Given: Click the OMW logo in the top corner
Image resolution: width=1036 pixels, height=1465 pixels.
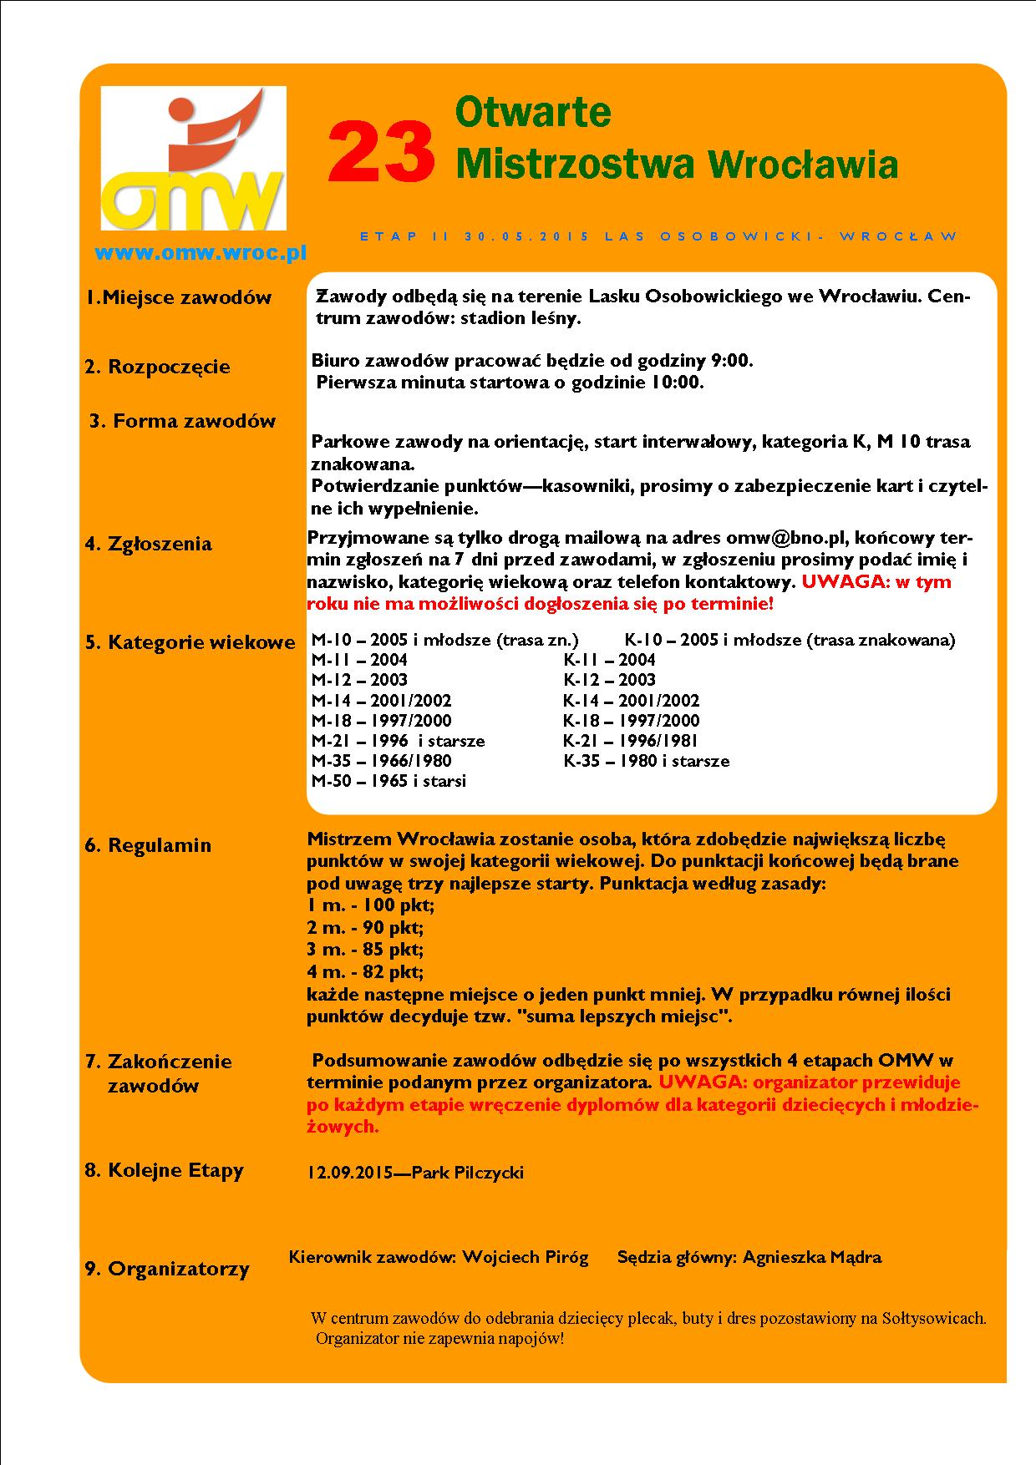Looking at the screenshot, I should (193, 159).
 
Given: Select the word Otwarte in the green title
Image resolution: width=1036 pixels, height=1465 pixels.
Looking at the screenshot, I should (533, 112).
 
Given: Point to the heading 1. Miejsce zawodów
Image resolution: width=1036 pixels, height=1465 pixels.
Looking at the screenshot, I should (180, 297).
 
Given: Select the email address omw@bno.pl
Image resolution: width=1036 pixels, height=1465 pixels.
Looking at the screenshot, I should (787, 538).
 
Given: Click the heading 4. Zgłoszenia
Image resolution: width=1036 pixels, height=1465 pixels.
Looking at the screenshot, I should (149, 544).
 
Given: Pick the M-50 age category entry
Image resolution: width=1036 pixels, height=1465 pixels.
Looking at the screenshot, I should (388, 781).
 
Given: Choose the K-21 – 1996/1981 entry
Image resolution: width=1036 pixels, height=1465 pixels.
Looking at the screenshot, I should (630, 741).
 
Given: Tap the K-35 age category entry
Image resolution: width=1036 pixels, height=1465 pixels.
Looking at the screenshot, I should (646, 761).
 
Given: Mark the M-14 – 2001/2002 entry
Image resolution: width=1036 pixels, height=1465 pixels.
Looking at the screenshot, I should (381, 701).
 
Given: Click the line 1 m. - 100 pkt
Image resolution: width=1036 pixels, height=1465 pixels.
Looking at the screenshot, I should (371, 905).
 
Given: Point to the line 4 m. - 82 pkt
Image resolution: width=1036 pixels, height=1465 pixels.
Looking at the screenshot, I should (365, 971).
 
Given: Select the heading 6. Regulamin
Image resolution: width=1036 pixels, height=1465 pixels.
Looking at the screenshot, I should (148, 845).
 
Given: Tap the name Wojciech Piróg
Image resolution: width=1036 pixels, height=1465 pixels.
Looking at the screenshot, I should (526, 1257).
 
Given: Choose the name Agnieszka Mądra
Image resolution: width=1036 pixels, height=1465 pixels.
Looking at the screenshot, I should (811, 1257).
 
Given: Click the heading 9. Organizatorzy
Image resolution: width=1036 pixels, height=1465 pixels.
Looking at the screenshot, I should (167, 1270).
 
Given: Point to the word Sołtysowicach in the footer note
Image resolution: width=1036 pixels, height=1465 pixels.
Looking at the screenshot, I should (936, 1319).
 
